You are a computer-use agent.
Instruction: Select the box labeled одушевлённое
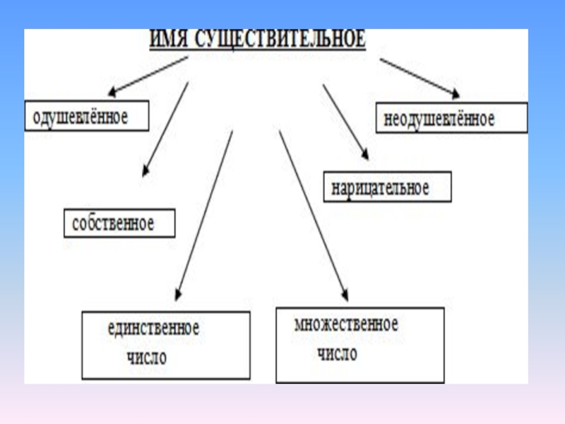click(87, 116)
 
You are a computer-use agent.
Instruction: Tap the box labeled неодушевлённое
click(451, 118)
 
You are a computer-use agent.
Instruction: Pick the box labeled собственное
click(119, 223)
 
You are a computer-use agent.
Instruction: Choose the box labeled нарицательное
click(387, 187)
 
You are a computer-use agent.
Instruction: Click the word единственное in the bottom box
click(153, 328)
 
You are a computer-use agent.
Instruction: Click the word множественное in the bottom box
click(346, 324)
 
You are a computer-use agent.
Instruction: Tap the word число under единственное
click(147, 357)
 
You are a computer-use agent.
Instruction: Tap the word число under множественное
click(338, 353)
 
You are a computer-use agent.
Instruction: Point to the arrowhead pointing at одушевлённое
click(112, 91)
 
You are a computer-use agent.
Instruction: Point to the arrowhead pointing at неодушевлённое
click(456, 93)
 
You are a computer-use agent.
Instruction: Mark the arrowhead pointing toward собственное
click(145, 170)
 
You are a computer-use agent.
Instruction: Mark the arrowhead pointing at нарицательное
click(364, 153)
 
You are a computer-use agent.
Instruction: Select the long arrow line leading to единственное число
click(205, 212)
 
